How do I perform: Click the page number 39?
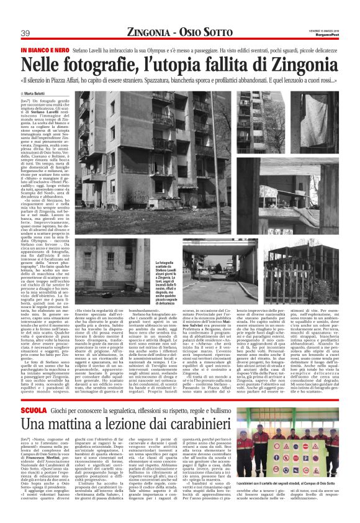coord(25,33)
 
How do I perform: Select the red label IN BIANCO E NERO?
coord(43,49)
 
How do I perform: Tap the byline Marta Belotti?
coord(38,93)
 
